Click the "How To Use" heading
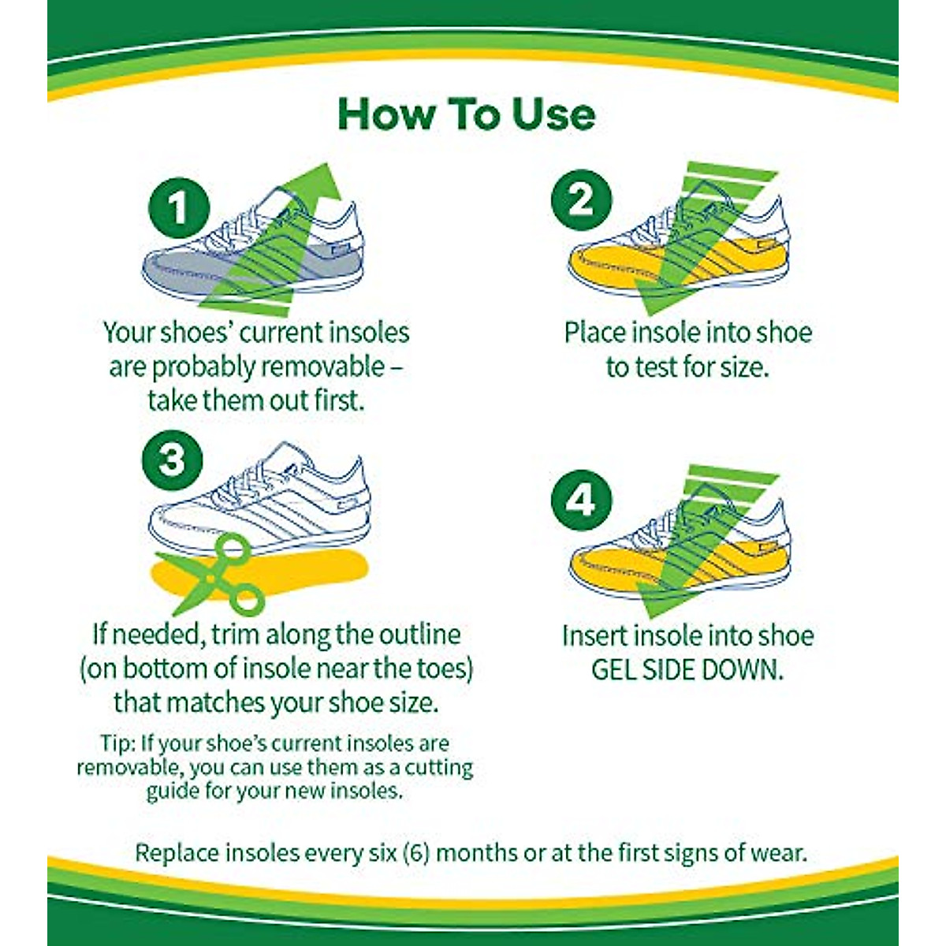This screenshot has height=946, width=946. [466, 114]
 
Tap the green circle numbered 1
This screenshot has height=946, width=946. [180, 209]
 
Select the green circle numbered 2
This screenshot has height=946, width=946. [582, 199]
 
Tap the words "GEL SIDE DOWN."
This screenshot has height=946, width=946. [687, 669]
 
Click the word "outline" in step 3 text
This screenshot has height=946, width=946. [421, 635]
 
